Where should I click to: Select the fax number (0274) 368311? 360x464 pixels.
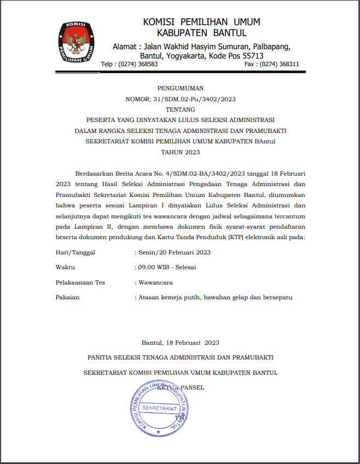[279, 64]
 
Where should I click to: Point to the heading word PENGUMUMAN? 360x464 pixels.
[180, 88]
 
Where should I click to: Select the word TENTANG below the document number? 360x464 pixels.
[180, 109]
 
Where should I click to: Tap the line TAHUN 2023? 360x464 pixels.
[180, 152]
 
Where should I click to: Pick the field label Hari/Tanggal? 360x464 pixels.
[75, 252]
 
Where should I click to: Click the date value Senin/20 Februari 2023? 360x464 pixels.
[175, 252]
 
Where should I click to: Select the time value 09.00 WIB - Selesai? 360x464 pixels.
[167, 267]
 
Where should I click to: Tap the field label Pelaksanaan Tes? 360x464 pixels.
[80, 282]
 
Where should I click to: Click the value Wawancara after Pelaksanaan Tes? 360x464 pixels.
[155, 282]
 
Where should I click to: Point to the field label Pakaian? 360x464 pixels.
[68, 297]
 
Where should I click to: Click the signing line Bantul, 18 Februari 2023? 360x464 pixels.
[180, 343]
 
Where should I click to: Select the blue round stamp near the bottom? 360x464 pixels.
[159, 408]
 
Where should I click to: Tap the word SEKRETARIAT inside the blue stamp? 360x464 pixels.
[159, 409]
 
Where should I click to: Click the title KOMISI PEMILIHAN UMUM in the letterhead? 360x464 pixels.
[201, 22]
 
